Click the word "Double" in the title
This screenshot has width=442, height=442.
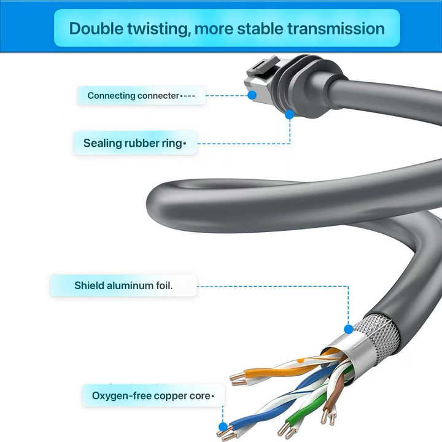(96, 29)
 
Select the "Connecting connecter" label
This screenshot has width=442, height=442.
(133, 96)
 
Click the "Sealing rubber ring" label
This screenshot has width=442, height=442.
(133, 143)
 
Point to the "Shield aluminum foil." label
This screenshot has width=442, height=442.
(123, 285)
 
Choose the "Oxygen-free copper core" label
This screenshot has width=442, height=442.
(151, 396)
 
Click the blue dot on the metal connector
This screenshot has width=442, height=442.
(252, 95)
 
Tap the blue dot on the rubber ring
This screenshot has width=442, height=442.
(290, 114)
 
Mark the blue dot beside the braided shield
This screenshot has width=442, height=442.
(349, 329)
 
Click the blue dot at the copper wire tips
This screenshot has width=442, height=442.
(223, 427)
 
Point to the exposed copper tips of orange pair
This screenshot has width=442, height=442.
(238, 379)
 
